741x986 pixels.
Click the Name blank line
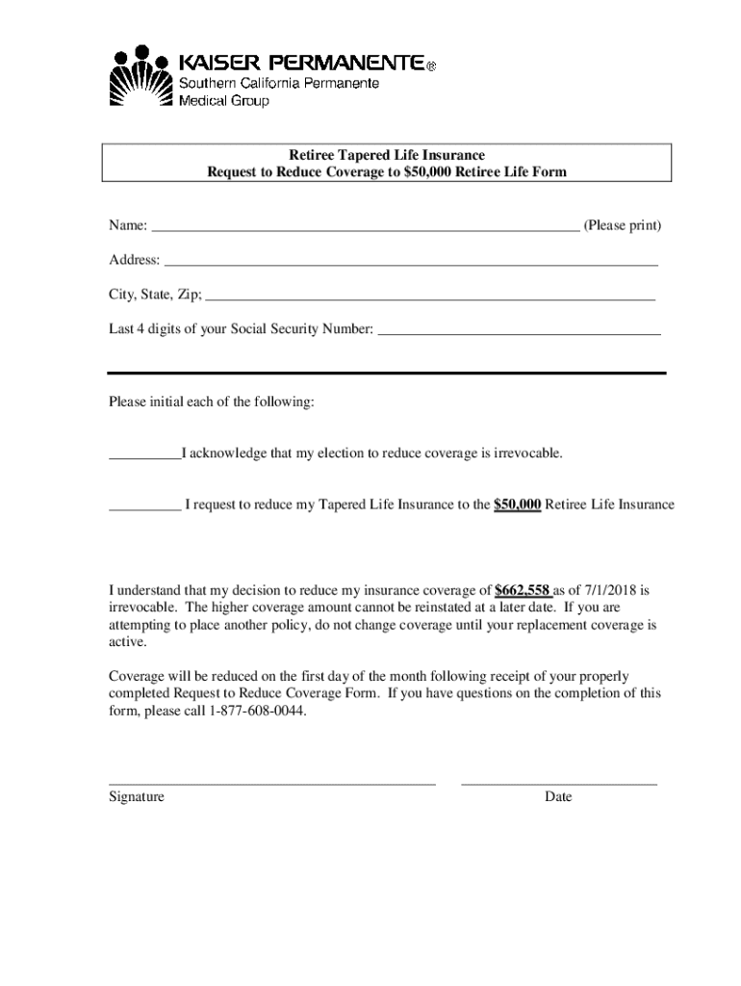[366, 231]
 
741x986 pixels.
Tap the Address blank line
[411, 264]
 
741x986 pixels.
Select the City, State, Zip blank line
[431, 300]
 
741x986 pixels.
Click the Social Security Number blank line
[520, 333]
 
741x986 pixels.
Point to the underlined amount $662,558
[522, 590]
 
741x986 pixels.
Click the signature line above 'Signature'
[272, 785]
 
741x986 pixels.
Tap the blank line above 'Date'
[559, 785]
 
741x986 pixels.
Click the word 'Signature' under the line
[137, 797]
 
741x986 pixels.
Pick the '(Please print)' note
[623, 226]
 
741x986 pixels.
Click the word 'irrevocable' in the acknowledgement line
[526, 453]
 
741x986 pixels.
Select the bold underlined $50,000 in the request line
[517, 505]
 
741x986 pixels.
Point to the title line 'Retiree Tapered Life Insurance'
[387, 155]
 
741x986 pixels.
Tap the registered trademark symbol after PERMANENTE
[431, 66]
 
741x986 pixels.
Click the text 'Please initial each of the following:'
[211, 402]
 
